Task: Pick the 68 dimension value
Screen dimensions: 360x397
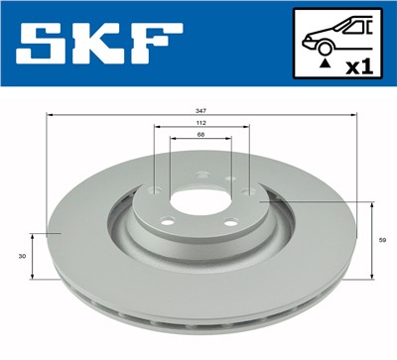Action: pos(200,139)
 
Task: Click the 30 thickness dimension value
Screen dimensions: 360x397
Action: pos(22,256)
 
